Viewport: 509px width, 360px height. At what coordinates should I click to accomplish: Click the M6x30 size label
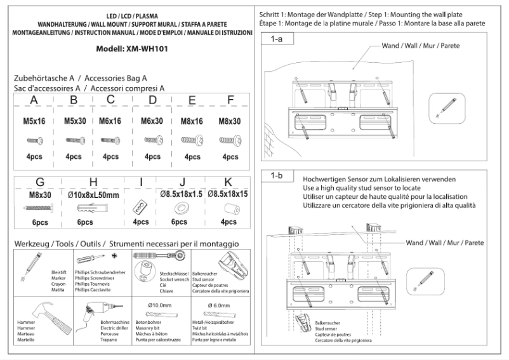click(152, 121)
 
